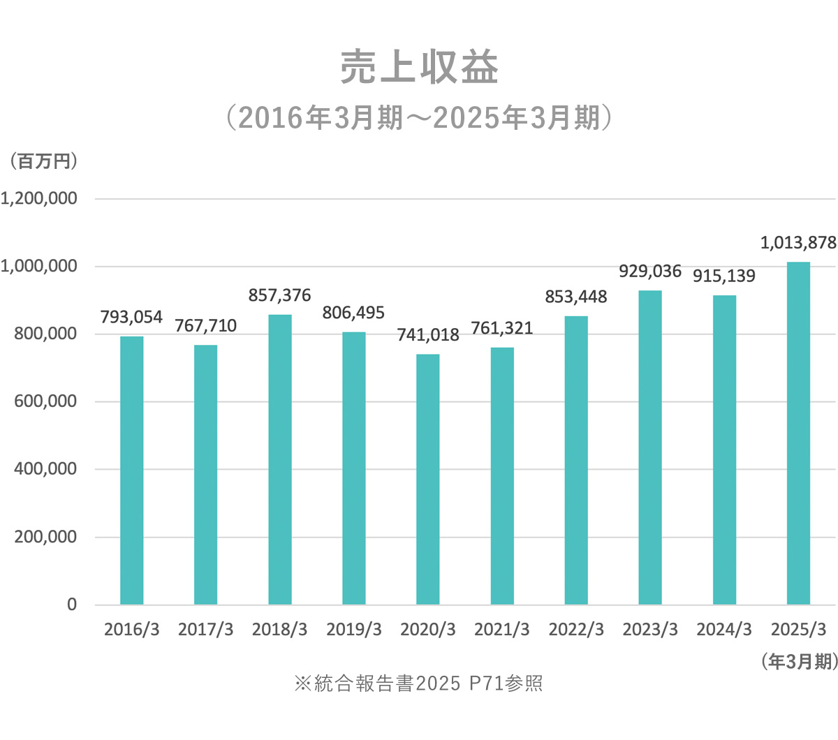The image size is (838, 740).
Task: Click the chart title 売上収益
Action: click(x=419, y=68)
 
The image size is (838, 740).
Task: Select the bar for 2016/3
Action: click(x=131, y=470)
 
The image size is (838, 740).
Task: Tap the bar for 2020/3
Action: click(x=428, y=479)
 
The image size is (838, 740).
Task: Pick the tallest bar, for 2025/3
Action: click(x=798, y=433)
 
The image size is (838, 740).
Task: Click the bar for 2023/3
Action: click(x=650, y=447)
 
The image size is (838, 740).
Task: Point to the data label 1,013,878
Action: click(x=798, y=243)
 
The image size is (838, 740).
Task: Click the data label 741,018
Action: click(x=428, y=335)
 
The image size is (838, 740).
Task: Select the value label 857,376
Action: click(x=279, y=295)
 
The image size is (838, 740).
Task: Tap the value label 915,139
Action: click(x=724, y=276)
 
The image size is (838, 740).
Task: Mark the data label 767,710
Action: click(x=205, y=325)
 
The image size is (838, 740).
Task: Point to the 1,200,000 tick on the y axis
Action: click(x=39, y=199)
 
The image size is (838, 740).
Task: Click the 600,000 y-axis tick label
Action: click(x=45, y=401)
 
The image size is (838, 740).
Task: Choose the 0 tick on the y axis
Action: click(x=72, y=605)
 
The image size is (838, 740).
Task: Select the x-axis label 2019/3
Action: click(x=354, y=630)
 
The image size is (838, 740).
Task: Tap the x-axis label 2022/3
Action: click(x=576, y=630)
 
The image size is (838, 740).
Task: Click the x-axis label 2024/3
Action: click(x=724, y=630)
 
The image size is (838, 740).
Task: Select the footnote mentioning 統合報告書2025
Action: click(x=419, y=683)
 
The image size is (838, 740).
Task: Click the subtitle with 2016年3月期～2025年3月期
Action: click(x=419, y=118)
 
